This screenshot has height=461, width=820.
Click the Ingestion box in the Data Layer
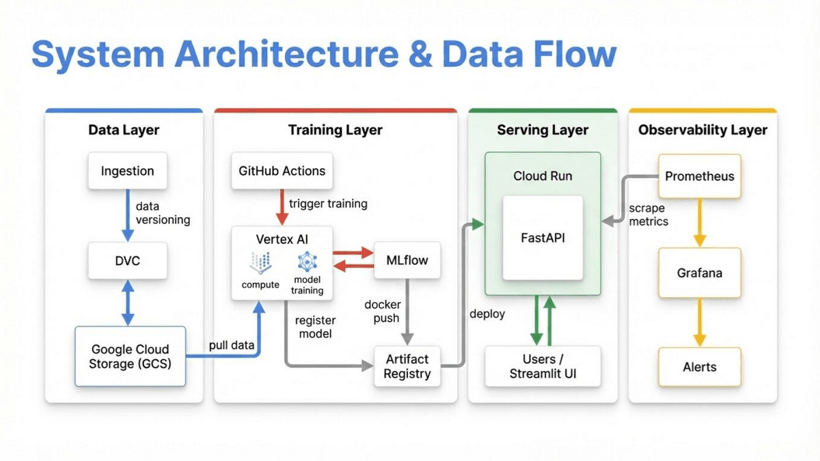click(x=128, y=171)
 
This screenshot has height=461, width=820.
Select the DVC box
click(x=128, y=260)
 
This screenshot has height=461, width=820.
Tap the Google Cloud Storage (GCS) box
click(x=130, y=357)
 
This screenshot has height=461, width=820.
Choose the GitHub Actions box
click(x=282, y=171)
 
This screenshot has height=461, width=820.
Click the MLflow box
click(x=407, y=260)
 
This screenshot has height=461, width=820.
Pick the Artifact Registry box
click(x=407, y=366)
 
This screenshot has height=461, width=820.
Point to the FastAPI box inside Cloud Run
click(x=543, y=238)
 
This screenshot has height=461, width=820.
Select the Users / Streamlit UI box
click(x=543, y=366)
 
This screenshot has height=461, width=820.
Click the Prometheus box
click(x=699, y=176)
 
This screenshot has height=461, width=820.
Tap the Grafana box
click(x=699, y=273)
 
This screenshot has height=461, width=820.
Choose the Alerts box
click(x=699, y=367)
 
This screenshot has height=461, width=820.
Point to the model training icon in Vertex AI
click(x=307, y=262)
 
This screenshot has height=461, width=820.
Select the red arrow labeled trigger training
click(x=281, y=206)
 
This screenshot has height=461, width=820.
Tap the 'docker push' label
click(x=383, y=311)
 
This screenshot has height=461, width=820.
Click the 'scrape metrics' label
click(x=648, y=215)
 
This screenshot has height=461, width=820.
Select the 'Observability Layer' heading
click(x=702, y=130)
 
